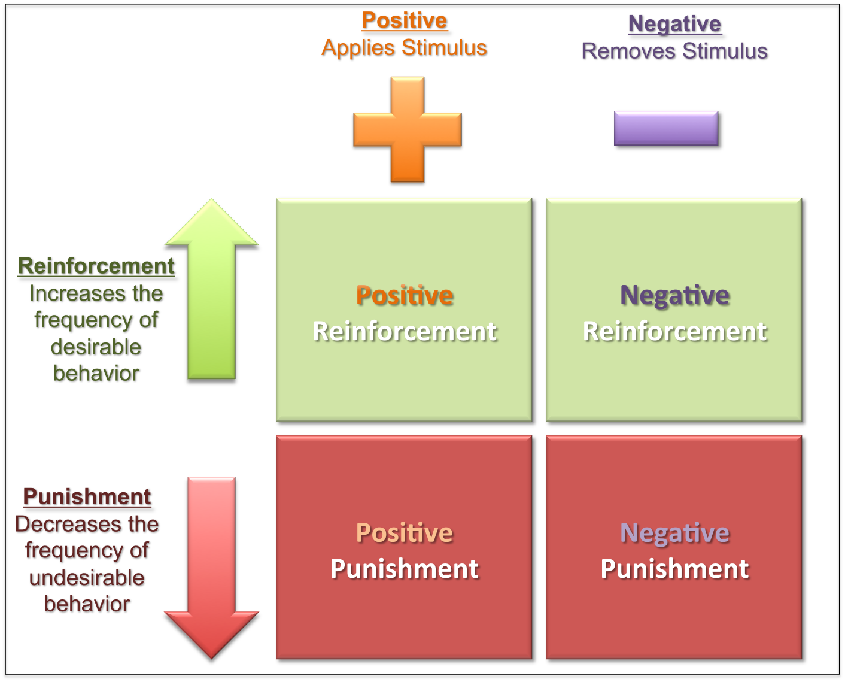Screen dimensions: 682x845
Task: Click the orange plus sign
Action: pyautogui.click(x=407, y=129)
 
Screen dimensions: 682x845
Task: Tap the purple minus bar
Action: pyautogui.click(x=665, y=128)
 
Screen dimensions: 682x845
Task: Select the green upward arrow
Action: pyautogui.click(x=211, y=293)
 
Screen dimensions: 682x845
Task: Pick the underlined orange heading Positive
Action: pyautogui.click(x=405, y=20)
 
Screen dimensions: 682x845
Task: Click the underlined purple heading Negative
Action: pyautogui.click(x=674, y=24)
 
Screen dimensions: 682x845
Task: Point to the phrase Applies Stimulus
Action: pyautogui.click(x=404, y=48)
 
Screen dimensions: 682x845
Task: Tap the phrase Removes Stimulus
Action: pyautogui.click(x=674, y=51)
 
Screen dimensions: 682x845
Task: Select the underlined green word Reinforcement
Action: pyautogui.click(x=96, y=266)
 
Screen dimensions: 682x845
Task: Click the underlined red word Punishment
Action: pyautogui.click(x=87, y=496)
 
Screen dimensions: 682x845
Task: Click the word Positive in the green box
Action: pyautogui.click(x=405, y=296)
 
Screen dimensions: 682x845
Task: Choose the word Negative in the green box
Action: pyautogui.click(x=674, y=296)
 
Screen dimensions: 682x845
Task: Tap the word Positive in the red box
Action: pyautogui.click(x=405, y=533)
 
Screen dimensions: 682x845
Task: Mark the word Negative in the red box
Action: pyautogui.click(x=674, y=533)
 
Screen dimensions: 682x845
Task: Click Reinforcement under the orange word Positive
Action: pyautogui.click(x=405, y=332)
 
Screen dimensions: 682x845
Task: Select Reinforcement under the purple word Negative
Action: pyautogui.click(x=674, y=332)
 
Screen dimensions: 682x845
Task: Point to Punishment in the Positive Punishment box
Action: pyautogui.click(x=405, y=569)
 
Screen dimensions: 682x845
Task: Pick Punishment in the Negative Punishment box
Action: pyautogui.click(x=674, y=569)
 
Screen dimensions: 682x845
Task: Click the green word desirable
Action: pyautogui.click(x=96, y=347)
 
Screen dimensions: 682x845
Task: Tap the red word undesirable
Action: pyautogui.click(x=87, y=578)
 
